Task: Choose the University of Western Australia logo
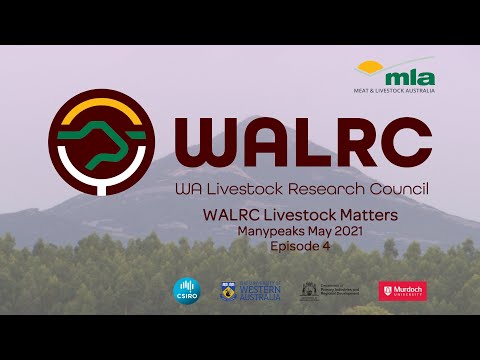click(251, 290)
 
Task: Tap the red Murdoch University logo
click(402, 290)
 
